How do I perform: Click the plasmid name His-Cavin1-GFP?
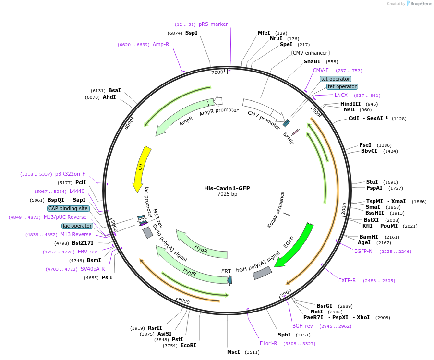click(x=227, y=188)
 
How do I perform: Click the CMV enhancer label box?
click(x=311, y=53)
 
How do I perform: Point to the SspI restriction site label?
click(x=191, y=33)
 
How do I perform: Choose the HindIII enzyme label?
click(x=350, y=104)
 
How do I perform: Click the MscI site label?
click(x=233, y=352)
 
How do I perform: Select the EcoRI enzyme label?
click(x=188, y=345)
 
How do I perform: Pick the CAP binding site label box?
click(x=68, y=208)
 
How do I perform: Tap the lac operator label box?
click(x=77, y=226)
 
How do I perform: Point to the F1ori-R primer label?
click(x=268, y=343)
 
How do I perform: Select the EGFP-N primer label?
click(x=363, y=251)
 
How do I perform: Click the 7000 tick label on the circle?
click(x=217, y=72)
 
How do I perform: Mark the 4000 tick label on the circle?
click(x=183, y=300)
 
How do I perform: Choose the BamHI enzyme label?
click(x=369, y=237)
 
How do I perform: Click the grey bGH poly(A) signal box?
click(x=262, y=273)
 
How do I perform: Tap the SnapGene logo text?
click(x=419, y=4)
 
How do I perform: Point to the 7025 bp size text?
click(x=227, y=194)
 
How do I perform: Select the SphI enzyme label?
click(x=284, y=335)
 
